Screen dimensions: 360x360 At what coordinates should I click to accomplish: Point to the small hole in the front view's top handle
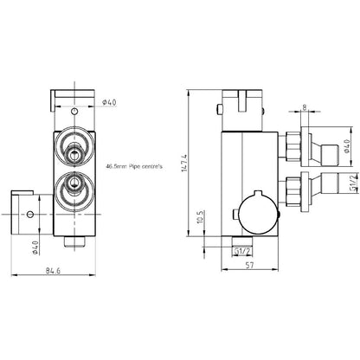point(75,112)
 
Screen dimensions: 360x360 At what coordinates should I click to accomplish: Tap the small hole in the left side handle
point(32,212)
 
